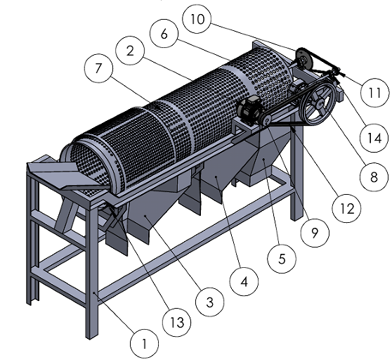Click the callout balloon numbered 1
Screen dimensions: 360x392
point(144,344)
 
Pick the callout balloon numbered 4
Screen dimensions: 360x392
point(244,283)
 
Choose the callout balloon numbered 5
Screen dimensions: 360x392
point(282,258)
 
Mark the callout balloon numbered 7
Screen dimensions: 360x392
point(98,69)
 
